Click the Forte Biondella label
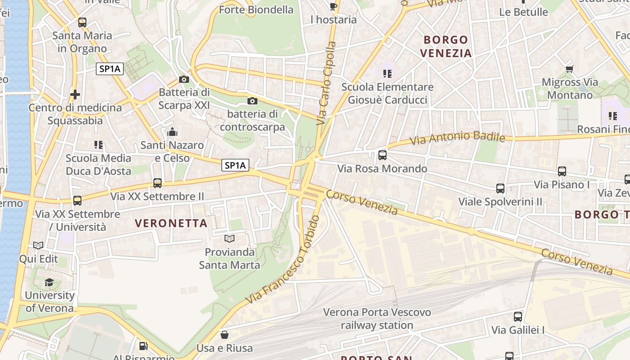256,9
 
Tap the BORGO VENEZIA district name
446,46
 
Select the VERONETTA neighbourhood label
171,223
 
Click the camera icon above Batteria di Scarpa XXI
184,80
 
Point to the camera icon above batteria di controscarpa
252,101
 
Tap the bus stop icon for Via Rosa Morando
382,155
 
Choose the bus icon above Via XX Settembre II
157,183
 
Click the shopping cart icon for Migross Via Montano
569,69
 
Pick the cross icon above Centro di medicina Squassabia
75,94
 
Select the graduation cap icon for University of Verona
49,282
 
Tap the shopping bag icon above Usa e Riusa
224,335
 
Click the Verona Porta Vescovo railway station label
377,318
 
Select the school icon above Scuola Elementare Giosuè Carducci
387,73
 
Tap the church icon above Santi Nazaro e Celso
172,132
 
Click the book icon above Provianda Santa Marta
229,238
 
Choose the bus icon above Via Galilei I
517,317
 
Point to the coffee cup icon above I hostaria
333,6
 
